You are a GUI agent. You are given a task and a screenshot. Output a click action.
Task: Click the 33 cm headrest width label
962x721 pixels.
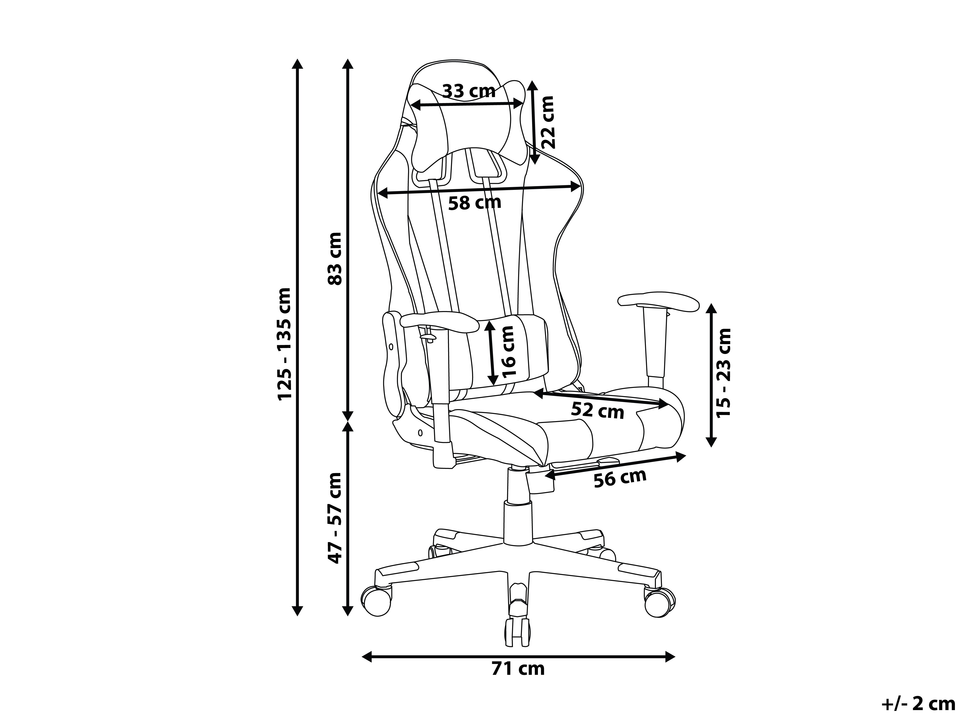[x=468, y=91]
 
